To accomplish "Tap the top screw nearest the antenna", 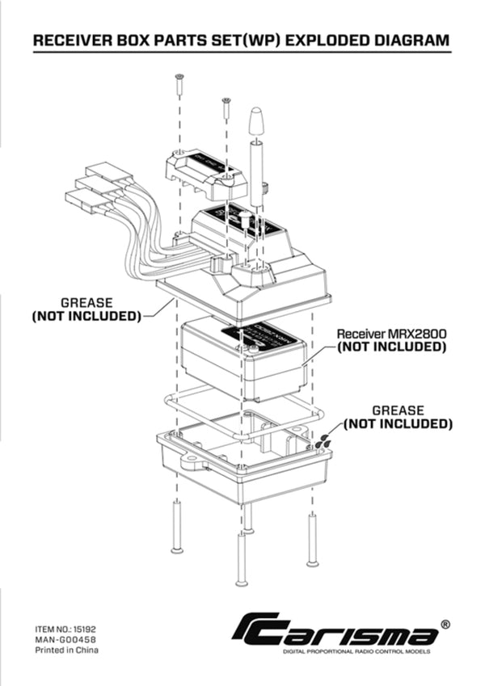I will (226, 103).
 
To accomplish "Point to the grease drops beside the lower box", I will (323, 441).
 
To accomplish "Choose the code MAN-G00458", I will (65, 638).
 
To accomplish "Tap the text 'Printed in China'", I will (67, 649).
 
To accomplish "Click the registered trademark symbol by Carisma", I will (445, 625).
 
